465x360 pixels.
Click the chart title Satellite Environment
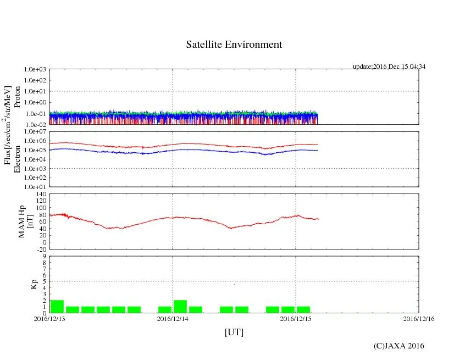(234, 45)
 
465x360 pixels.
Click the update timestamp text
(389, 67)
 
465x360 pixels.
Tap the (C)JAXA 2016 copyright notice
(399, 346)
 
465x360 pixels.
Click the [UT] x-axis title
(234, 332)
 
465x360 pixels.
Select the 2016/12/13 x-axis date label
(49, 318)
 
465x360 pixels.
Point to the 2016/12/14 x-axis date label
(173, 318)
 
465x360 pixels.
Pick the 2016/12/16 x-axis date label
(419, 318)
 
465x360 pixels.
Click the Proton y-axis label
(17, 103)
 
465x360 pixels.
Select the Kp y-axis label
(34, 284)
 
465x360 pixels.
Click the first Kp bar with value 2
(57, 307)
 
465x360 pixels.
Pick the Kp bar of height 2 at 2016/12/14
(180, 307)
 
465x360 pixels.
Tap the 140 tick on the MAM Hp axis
(40, 194)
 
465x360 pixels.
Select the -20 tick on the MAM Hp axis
(40, 249)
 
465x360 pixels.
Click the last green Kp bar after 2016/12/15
(303, 309)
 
